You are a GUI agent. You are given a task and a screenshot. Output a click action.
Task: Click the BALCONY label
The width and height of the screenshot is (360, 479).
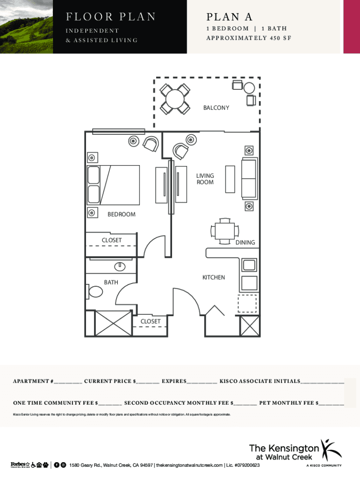coord(216,108)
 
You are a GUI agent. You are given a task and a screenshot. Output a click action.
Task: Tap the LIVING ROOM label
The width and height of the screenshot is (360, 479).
coord(205,179)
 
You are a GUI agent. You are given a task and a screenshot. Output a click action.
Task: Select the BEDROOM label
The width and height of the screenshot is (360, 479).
coord(121,214)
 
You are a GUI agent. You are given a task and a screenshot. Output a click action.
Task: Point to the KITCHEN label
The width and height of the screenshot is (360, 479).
coord(213,277)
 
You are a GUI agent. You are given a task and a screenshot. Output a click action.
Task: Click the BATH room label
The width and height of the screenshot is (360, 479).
coord(111,283)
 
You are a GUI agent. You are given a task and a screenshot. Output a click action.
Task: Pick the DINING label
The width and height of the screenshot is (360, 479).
coord(245,242)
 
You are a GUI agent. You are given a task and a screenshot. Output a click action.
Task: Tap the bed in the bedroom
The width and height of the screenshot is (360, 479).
coord(113,185)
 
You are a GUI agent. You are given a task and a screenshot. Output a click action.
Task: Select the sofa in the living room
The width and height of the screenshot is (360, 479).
coord(249,178)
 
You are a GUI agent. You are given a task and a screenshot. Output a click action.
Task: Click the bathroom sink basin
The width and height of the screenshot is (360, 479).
coord(121,266)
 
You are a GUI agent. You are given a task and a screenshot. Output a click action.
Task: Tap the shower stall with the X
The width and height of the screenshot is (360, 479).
coord(113,323)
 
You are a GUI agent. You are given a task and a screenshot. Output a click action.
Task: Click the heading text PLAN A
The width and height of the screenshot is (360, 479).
coord(229,17)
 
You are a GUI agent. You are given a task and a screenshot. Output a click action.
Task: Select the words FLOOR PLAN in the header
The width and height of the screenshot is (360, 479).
coord(111,17)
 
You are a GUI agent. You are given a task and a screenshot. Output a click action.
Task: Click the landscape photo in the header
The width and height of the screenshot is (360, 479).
coord(26,27)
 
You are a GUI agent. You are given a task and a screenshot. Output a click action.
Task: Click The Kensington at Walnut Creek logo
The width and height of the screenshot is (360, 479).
coord(295,452)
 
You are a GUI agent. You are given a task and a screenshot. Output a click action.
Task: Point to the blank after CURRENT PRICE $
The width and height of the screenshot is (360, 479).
coord(147,382)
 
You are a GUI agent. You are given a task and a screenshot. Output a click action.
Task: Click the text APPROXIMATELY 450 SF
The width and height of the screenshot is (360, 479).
coord(249,38)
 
